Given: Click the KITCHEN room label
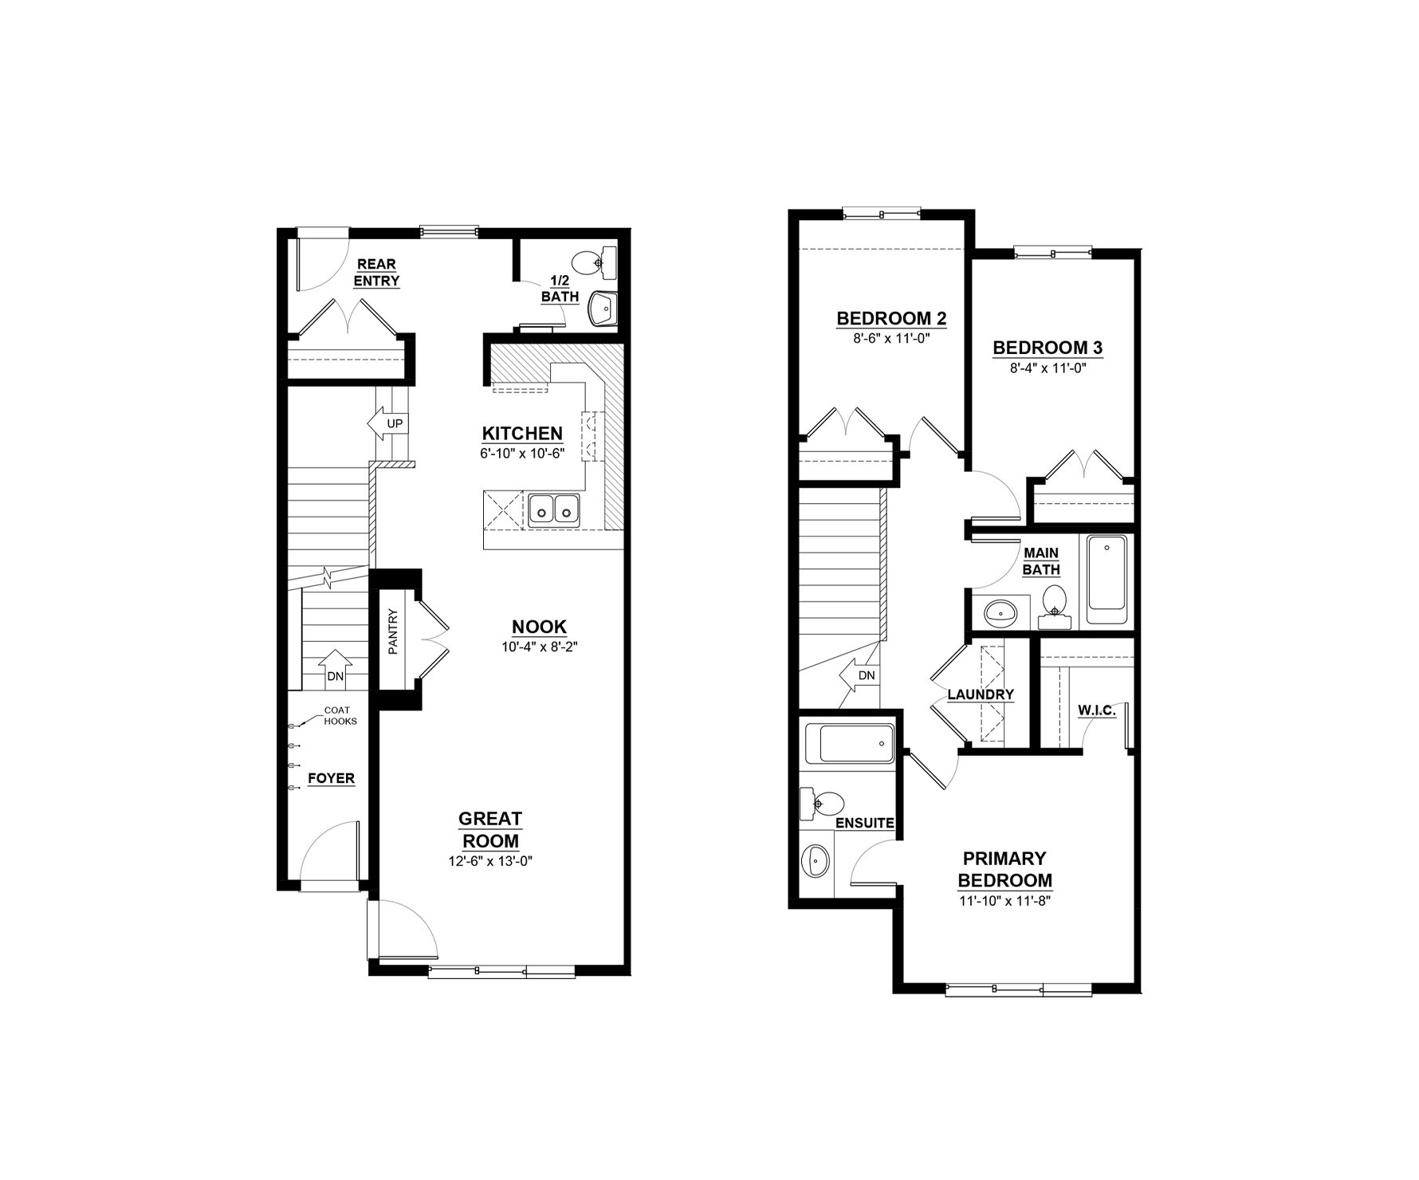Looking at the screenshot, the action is tap(522, 434).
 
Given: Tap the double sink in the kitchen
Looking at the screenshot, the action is tap(554, 509).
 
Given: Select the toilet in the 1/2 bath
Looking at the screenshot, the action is tap(596, 262).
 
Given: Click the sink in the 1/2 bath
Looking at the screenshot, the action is tap(602, 309).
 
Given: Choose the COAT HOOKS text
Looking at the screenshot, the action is tap(340, 716).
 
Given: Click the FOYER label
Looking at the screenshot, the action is tap(331, 778).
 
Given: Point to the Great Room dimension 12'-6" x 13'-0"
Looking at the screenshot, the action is tap(490, 861).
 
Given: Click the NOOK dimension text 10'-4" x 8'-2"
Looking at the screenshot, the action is tap(539, 647).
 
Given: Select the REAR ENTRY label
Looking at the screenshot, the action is tap(376, 273).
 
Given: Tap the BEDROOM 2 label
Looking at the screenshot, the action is tap(891, 319).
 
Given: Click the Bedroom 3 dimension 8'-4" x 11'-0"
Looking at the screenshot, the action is tap(1048, 368).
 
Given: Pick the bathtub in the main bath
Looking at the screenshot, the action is tap(1107, 580).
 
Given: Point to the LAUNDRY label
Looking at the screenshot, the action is tap(981, 694).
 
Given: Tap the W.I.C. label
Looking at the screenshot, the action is tap(1097, 710).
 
